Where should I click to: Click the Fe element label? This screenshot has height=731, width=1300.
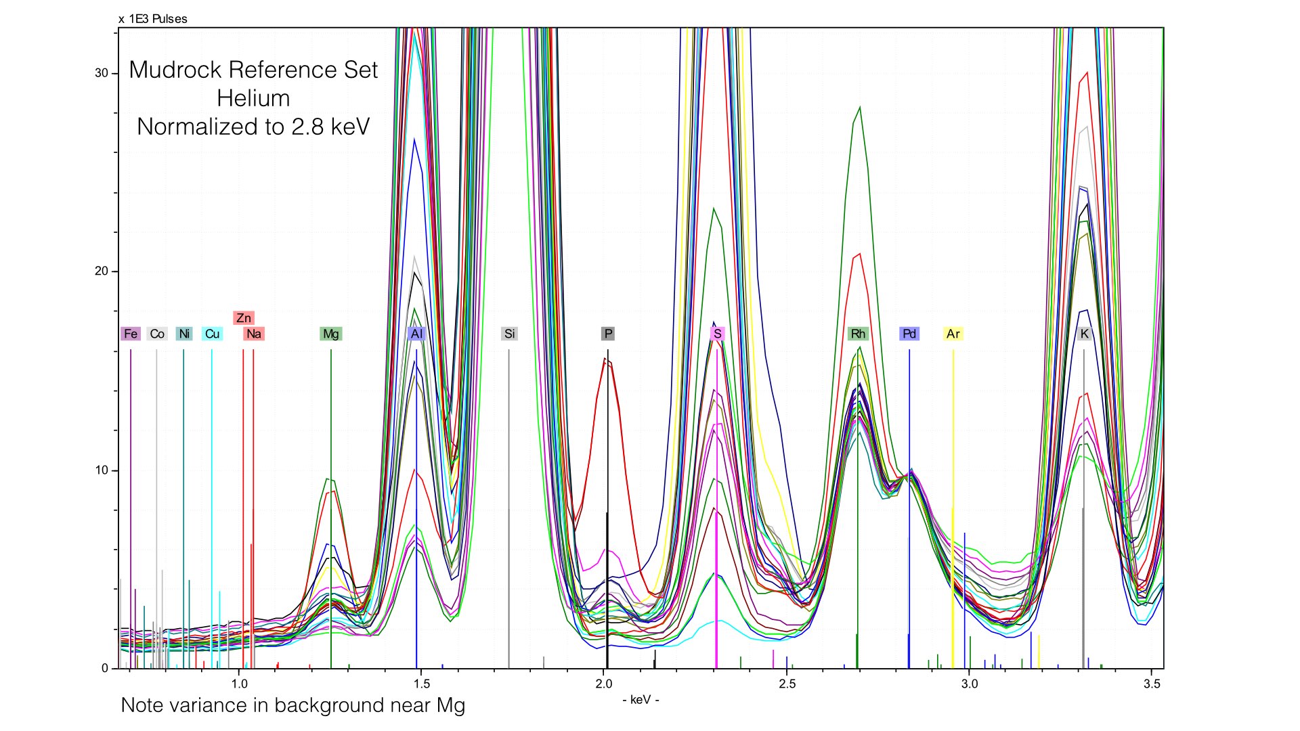[131, 334]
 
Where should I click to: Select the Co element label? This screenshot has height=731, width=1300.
[157, 334]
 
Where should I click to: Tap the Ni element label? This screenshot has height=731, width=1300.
[184, 334]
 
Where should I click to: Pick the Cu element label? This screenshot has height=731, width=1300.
[212, 334]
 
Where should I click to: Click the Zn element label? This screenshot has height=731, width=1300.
[244, 318]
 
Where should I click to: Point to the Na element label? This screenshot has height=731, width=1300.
[254, 334]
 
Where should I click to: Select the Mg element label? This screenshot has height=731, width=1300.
[331, 334]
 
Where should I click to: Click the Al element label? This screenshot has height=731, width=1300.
[416, 334]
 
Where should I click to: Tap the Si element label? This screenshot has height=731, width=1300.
[509, 334]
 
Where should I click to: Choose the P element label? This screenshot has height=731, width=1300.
[608, 334]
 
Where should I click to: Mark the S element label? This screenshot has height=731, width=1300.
[718, 334]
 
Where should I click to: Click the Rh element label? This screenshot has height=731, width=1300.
[858, 334]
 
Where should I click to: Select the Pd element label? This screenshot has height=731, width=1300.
[909, 334]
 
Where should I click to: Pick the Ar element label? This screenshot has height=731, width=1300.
[953, 334]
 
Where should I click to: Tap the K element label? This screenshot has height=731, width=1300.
[1085, 334]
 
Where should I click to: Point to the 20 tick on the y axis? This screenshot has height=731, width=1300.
[102, 271]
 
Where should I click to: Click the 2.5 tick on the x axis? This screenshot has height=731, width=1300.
[787, 684]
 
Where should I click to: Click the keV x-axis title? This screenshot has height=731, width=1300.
[641, 700]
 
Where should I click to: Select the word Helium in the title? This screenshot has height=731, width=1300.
[253, 99]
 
